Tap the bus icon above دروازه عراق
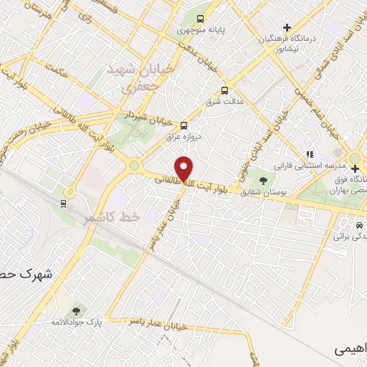click(184, 123)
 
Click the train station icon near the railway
click(64, 203)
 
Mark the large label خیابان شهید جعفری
click(132, 77)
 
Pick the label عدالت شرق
click(223, 101)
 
